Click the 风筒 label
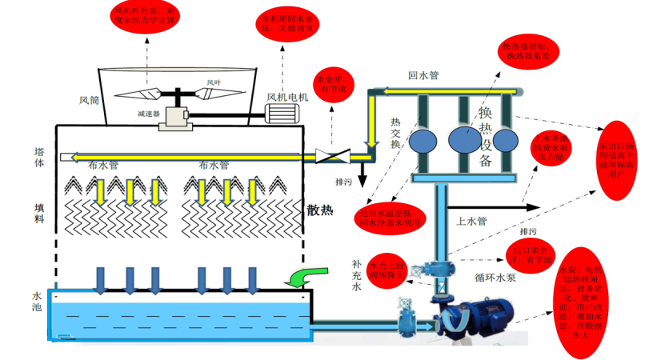pos(88,102)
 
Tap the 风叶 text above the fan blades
pos(214,82)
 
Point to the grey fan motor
pos(284,112)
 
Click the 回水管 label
pos(423,76)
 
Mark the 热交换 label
pos(395,133)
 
